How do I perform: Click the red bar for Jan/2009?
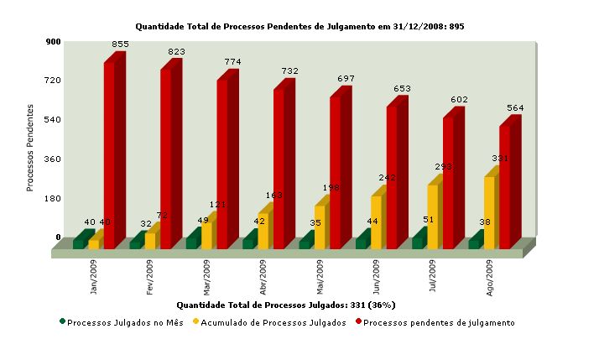tap(110, 155)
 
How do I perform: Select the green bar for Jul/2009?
tap(418, 243)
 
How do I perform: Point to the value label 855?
tap(120, 44)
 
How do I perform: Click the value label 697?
tap(346, 79)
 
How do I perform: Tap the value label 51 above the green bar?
tap(429, 221)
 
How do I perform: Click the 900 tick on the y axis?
tap(53, 41)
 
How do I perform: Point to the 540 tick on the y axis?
tap(53, 119)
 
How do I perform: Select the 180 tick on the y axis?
tap(53, 198)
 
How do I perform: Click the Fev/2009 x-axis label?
tap(150, 277)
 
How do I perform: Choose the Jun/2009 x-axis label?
tap(376, 277)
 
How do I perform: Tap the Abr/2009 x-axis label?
tap(263, 277)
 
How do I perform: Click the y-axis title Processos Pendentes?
tap(30, 148)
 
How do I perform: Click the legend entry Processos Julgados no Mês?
tap(121, 322)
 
